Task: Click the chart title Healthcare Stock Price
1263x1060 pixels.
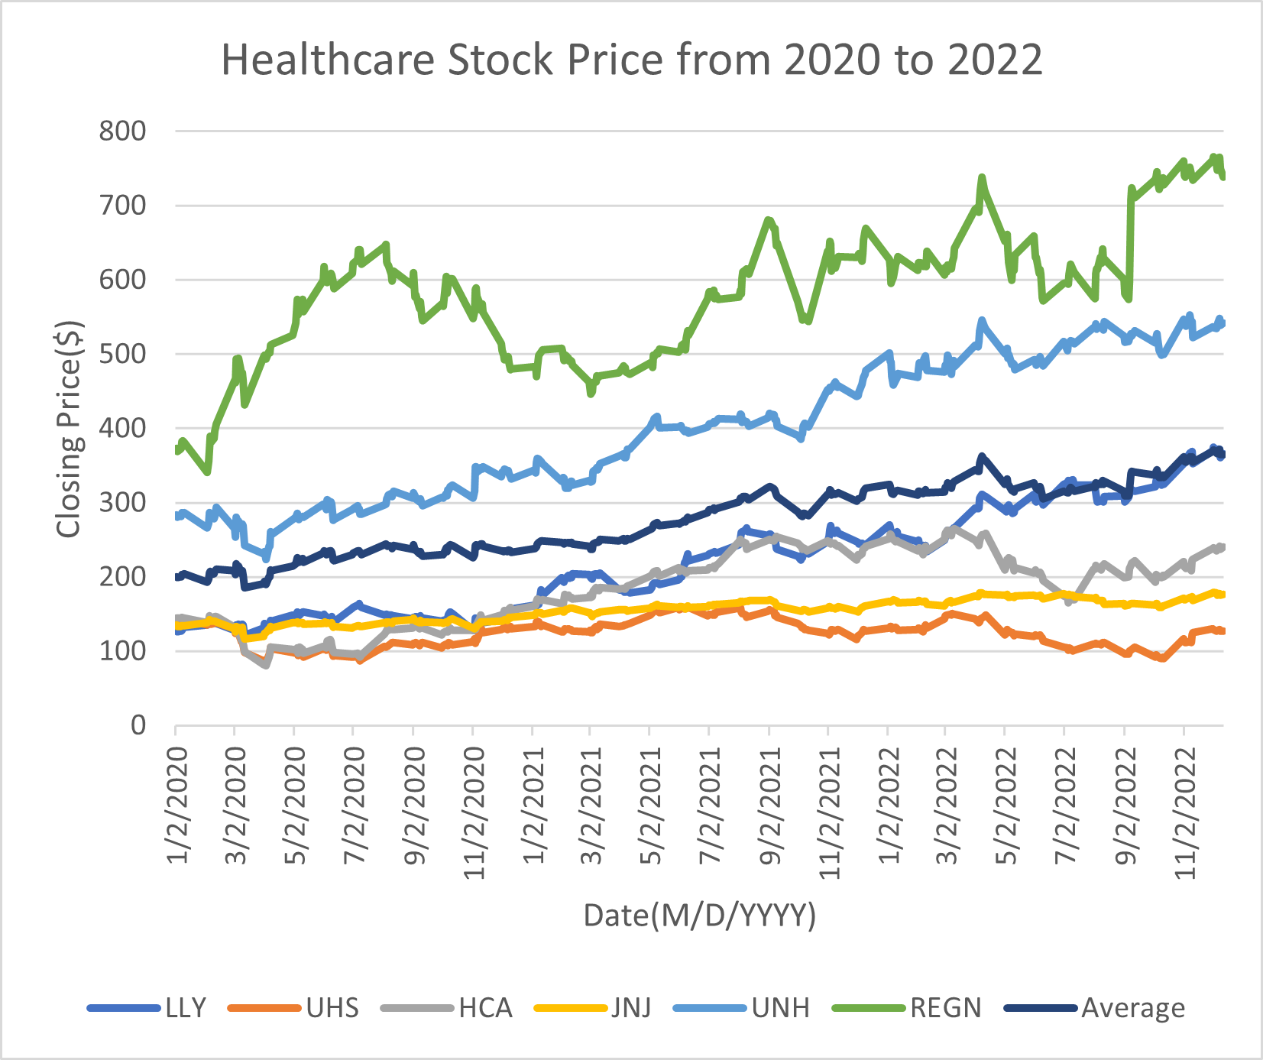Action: click(x=631, y=60)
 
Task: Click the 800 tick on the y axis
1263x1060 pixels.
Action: click(x=122, y=131)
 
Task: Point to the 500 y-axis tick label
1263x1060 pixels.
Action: click(x=122, y=354)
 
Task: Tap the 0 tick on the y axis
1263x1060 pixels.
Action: click(x=138, y=724)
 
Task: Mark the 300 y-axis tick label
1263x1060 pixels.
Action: click(x=122, y=502)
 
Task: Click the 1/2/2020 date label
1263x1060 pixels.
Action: click(x=177, y=806)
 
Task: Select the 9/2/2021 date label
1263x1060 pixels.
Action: click(x=771, y=806)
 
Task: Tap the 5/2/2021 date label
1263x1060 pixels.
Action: click(x=651, y=806)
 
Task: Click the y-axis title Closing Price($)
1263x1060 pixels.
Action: click(x=69, y=428)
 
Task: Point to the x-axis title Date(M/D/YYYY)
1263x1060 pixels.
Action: click(x=699, y=915)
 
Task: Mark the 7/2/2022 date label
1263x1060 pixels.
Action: click(x=1066, y=806)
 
